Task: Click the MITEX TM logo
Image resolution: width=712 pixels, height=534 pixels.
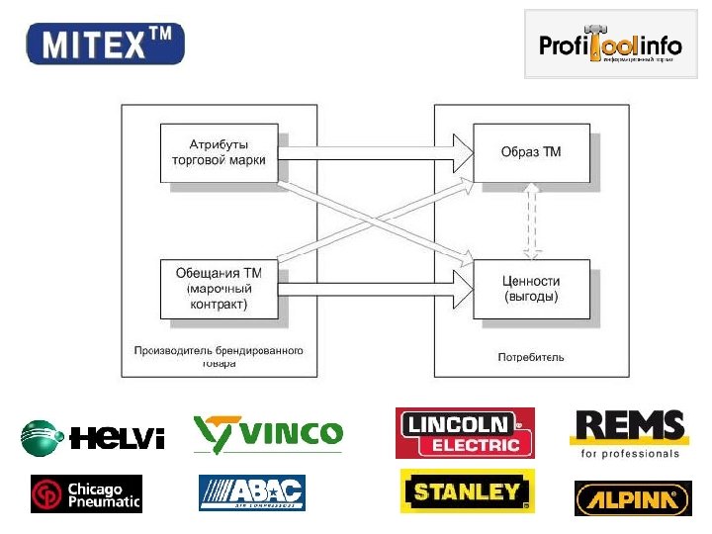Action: (x=105, y=44)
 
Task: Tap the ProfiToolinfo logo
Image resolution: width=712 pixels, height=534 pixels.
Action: (x=610, y=44)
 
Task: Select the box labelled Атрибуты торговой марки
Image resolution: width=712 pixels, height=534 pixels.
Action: (x=220, y=152)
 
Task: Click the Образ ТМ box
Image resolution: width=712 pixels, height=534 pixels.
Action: (x=532, y=152)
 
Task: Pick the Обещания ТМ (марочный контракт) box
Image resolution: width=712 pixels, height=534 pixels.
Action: (x=220, y=288)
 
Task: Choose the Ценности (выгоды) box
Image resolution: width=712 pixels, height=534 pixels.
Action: (x=532, y=288)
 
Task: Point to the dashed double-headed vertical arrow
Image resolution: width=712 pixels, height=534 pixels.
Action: (x=532, y=220)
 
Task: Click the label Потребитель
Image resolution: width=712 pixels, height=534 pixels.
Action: (x=531, y=357)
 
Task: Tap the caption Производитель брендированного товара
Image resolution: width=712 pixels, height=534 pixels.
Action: (x=220, y=356)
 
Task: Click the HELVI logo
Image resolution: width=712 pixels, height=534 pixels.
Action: (x=93, y=436)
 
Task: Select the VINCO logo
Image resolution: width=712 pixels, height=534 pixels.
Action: (x=268, y=433)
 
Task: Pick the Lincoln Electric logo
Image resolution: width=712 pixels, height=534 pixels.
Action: (x=465, y=433)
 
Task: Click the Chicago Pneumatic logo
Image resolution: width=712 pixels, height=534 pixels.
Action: (x=86, y=494)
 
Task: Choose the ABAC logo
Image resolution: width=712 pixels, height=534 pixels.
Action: (x=252, y=492)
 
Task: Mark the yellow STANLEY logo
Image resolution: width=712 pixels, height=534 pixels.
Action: (x=467, y=491)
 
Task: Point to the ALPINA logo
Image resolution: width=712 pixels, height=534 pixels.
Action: (x=632, y=497)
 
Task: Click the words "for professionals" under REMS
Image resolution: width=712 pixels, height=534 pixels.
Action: (x=630, y=454)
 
